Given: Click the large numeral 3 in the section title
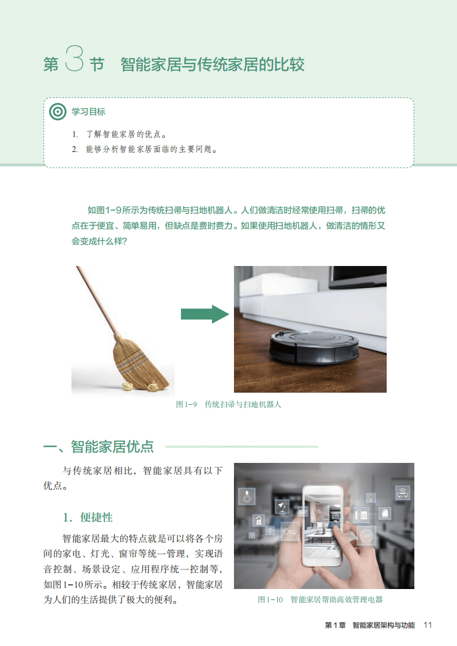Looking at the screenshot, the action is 74,59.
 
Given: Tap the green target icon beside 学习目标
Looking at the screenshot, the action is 58,112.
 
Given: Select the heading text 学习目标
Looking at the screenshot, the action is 88,112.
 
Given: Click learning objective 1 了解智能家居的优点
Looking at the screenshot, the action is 120,134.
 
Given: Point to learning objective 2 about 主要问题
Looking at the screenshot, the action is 145,149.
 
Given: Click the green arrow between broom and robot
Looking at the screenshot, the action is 205,314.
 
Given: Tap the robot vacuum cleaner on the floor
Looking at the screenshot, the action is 314,348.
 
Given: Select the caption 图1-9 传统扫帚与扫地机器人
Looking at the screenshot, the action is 228,405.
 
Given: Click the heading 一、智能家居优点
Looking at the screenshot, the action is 99,447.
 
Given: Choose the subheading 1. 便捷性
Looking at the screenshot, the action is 88,518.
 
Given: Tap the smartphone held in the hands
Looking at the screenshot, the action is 323,525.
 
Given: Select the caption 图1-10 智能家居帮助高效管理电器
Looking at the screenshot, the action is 320,600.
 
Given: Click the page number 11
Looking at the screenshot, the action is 428,625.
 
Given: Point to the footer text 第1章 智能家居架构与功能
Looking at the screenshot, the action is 370,625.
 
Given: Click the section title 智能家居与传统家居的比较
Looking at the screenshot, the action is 213,64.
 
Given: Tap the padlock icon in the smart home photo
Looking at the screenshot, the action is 259,520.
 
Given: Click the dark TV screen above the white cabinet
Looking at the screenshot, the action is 358,275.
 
